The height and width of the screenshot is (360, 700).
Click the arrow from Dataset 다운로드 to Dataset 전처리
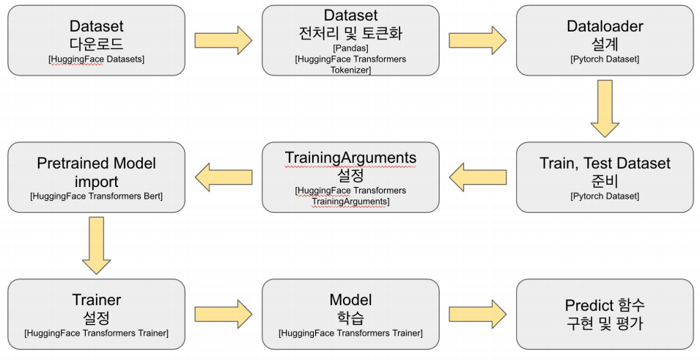point(224,40)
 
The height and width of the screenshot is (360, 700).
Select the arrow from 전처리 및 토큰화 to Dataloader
point(477,40)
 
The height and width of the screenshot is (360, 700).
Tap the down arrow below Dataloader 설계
point(605,109)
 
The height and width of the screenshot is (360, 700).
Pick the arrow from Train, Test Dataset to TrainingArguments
point(477,177)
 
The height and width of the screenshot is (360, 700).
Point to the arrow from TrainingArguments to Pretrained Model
point(224,177)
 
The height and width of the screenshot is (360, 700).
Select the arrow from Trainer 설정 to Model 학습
point(224,314)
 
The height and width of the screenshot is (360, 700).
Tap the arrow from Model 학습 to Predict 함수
point(477,314)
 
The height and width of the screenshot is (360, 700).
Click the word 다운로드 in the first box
point(97,43)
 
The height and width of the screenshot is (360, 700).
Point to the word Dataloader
point(605,26)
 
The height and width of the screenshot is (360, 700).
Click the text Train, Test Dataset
point(605,163)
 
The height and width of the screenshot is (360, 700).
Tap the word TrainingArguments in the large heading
point(350,158)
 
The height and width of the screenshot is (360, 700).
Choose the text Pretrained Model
point(97,163)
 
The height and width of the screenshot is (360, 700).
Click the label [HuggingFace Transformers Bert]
point(97,196)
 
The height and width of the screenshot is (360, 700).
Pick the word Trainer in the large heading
point(97,300)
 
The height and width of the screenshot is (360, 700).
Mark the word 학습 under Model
point(350,317)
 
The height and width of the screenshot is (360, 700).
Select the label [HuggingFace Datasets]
point(97,59)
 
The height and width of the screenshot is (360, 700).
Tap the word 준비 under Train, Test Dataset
point(605,180)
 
